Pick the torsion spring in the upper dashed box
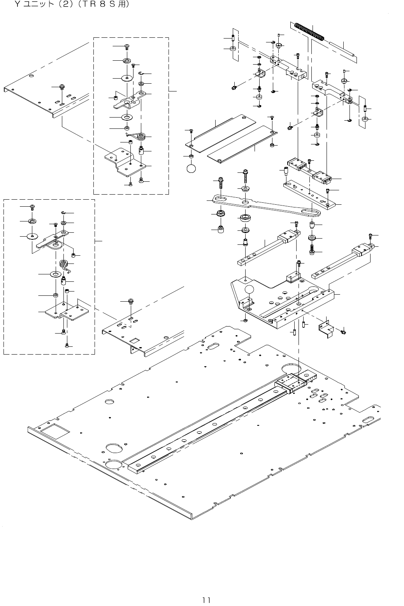(141, 136)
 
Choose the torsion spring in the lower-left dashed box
(65, 264)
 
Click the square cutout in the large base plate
(55, 431)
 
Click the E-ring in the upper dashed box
(142, 74)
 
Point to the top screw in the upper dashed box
(127, 47)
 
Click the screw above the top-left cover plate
(61, 87)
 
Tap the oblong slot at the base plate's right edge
(368, 420)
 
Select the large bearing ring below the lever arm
(246, 217)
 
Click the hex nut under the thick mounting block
(246, 320)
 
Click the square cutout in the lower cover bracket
(135, 341)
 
